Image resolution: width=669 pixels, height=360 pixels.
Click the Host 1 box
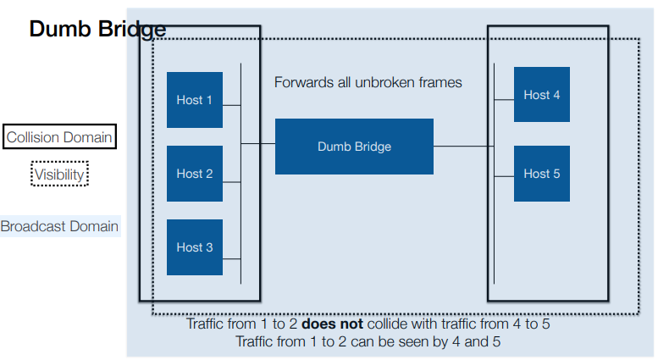pyautogui.click(x=194, y=100)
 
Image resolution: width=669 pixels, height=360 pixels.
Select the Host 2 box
pyautogui.click(x=194, y=174)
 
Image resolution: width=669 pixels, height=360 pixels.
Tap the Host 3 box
pyautogui.click(x=194, y=247)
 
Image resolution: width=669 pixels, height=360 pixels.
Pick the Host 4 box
pyautogui.click(x=541, y=95)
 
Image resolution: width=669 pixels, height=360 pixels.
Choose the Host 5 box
pyautogui.click(x=541, y=174)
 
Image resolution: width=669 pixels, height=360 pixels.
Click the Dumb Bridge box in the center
pyautogui.click(x=354, y=147)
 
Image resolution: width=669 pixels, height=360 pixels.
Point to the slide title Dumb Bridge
pyautogui.click(x=97, y=30)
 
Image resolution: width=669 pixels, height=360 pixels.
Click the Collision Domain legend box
pyautogui.click(x=59, y=137)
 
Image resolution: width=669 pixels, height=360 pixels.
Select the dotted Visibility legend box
pyautogui.click(x=60, y=174)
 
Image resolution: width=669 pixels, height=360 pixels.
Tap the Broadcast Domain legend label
pyautogui.click(x=59, y=227)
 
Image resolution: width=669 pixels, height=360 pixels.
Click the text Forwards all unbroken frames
pyautogui.click(x=368, y=83)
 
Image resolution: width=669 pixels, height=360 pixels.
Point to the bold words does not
pyautogui.click(x=333, y=324)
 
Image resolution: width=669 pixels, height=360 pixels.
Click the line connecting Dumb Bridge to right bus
pyautogui.click(x=463, y=147)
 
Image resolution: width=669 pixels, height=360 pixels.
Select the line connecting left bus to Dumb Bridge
pyautogui.click(x=258, y=144)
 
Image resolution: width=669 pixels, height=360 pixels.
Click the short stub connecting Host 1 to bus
pyautogui.click(x=232, y=105)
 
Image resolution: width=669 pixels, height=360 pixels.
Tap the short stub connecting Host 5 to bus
pyautogui.click(x=504, y=176)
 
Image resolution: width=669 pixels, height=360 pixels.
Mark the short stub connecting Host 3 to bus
pyautogui.click(x=232, y=258)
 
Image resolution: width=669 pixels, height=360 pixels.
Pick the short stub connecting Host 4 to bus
pyautogui.click(x=504, y=100)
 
